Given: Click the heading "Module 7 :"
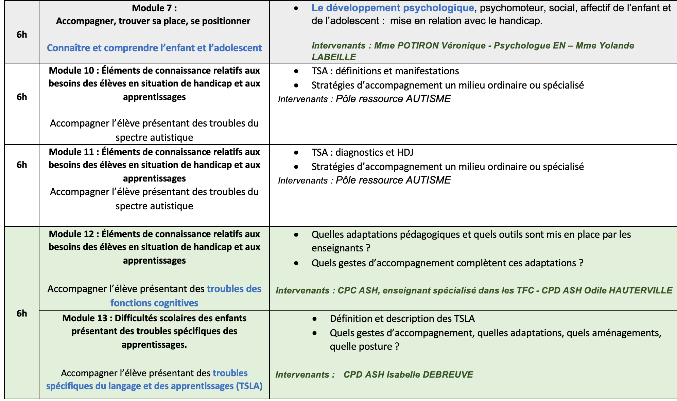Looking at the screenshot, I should [154, 8].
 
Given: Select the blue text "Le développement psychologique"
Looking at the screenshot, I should [393, 8].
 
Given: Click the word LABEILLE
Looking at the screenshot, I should [334, 57].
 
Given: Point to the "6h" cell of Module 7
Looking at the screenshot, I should [22, 34].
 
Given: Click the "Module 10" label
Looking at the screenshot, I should [71, 71].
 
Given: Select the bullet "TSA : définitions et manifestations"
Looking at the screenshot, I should [385, 71].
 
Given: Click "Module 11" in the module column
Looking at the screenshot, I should [71, 152].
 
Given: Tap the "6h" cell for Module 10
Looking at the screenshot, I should [22, 97].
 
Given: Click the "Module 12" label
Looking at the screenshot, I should [71, 234].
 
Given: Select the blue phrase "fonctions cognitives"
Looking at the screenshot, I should [154, 303].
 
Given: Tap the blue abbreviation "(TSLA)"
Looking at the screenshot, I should [249, 386].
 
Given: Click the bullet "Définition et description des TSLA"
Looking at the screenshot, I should [402, 319].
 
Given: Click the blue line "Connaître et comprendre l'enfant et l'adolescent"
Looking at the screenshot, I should [154, 48].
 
